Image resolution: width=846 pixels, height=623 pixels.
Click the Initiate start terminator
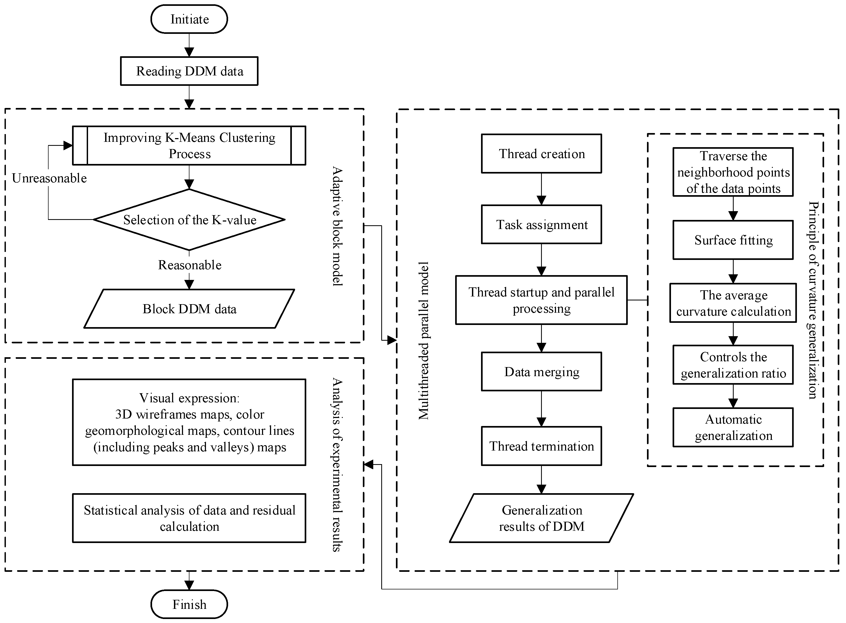(189, 19)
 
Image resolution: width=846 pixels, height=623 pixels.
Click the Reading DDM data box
(189, 71)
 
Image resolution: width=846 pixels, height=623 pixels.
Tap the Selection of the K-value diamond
(189, 219)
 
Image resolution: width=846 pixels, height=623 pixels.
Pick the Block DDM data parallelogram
(189, 308)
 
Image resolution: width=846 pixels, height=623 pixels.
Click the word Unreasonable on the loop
(49, 178)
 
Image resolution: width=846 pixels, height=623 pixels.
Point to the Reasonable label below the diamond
(189, 265)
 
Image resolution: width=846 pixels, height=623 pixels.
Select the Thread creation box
(541, 154)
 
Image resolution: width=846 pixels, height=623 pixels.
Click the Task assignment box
(541, 224)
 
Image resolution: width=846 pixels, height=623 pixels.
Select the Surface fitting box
(733, 240)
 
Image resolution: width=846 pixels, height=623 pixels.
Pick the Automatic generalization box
(733, 427)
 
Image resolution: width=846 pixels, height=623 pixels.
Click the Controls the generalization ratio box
(733, 365)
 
